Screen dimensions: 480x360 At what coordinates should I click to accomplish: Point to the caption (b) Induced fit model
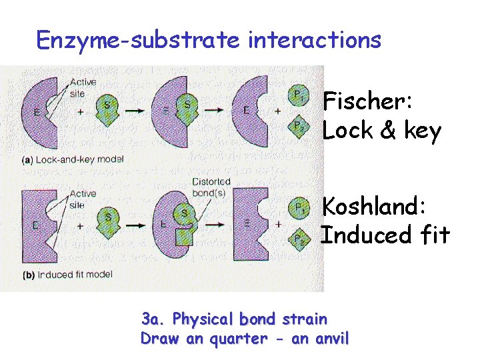[x=67, y=274]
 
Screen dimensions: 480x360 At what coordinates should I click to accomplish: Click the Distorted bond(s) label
[x=211, y=187]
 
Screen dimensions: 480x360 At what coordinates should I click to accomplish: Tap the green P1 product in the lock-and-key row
[x=297, y=96]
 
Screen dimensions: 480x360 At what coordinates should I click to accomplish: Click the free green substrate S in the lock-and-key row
[x=106, y=110]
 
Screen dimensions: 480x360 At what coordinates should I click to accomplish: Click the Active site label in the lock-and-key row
[x=82, y=88]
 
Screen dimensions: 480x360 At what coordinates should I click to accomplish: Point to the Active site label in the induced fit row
[x=82, y=199]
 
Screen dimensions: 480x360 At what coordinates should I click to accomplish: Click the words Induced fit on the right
[x=385, y=235]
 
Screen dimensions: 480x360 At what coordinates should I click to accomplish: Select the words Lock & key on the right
[x=381, y=131]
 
